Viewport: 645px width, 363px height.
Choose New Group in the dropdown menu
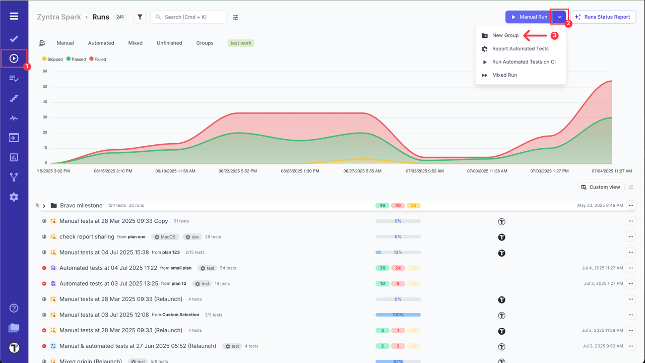(505, 36)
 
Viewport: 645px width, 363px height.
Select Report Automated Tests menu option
(520, 49)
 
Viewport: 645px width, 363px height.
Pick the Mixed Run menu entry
(504, 75)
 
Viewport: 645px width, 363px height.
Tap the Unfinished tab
(169, 43)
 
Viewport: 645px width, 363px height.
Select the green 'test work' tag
(241, 43)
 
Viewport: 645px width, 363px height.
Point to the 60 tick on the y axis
(45, 71)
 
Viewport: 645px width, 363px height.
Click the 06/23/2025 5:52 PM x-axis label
(237, 171)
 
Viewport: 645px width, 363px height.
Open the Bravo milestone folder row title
(81, 206)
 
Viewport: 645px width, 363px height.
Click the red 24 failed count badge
(398, 268)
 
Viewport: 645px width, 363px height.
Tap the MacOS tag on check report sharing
(165, 237)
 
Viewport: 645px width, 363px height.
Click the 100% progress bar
(398, 315)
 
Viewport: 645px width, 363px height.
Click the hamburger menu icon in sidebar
(14, 16)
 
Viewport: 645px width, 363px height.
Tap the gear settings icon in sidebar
(14, 197)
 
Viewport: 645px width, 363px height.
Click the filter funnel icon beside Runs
(140, 17)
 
